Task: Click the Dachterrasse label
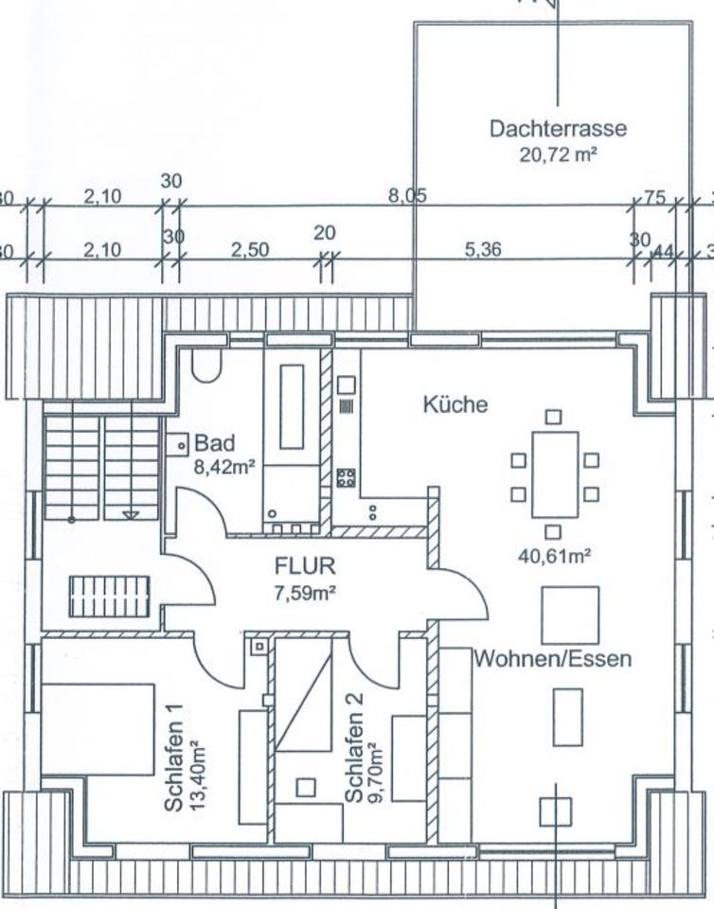click(558, 129)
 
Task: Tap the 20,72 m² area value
click(558, 154)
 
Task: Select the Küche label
click(455, 404)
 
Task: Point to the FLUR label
click(305, 567)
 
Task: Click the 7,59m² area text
click(305, 594)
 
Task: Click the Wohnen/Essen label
click(552, 659)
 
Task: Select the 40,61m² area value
click(554, 556)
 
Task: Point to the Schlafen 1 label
click(175, 757)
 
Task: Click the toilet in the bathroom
click(205, 364)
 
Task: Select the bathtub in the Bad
click(292, 406)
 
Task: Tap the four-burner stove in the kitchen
click(346, 477)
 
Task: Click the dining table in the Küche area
click(554, 474)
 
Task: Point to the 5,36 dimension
click(483, 250)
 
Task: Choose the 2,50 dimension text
click(250, 250)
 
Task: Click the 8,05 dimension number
click(407, 197)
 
